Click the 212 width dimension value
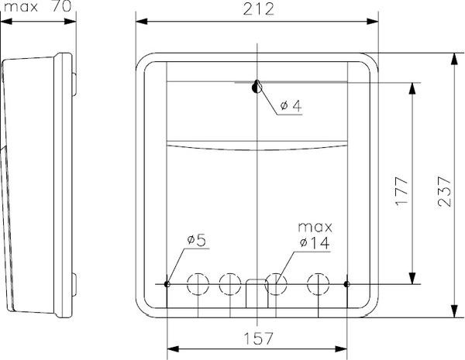point(258,9)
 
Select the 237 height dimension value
point(444,191)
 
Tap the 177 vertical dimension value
point(401,191)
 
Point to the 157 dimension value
point(258,338)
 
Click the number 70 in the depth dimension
point(62,6)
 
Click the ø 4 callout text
point(291,105)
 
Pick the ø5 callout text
point(196,240)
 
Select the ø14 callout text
point(315,243)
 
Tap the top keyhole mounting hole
point(257,87)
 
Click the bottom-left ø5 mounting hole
point(167,284)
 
